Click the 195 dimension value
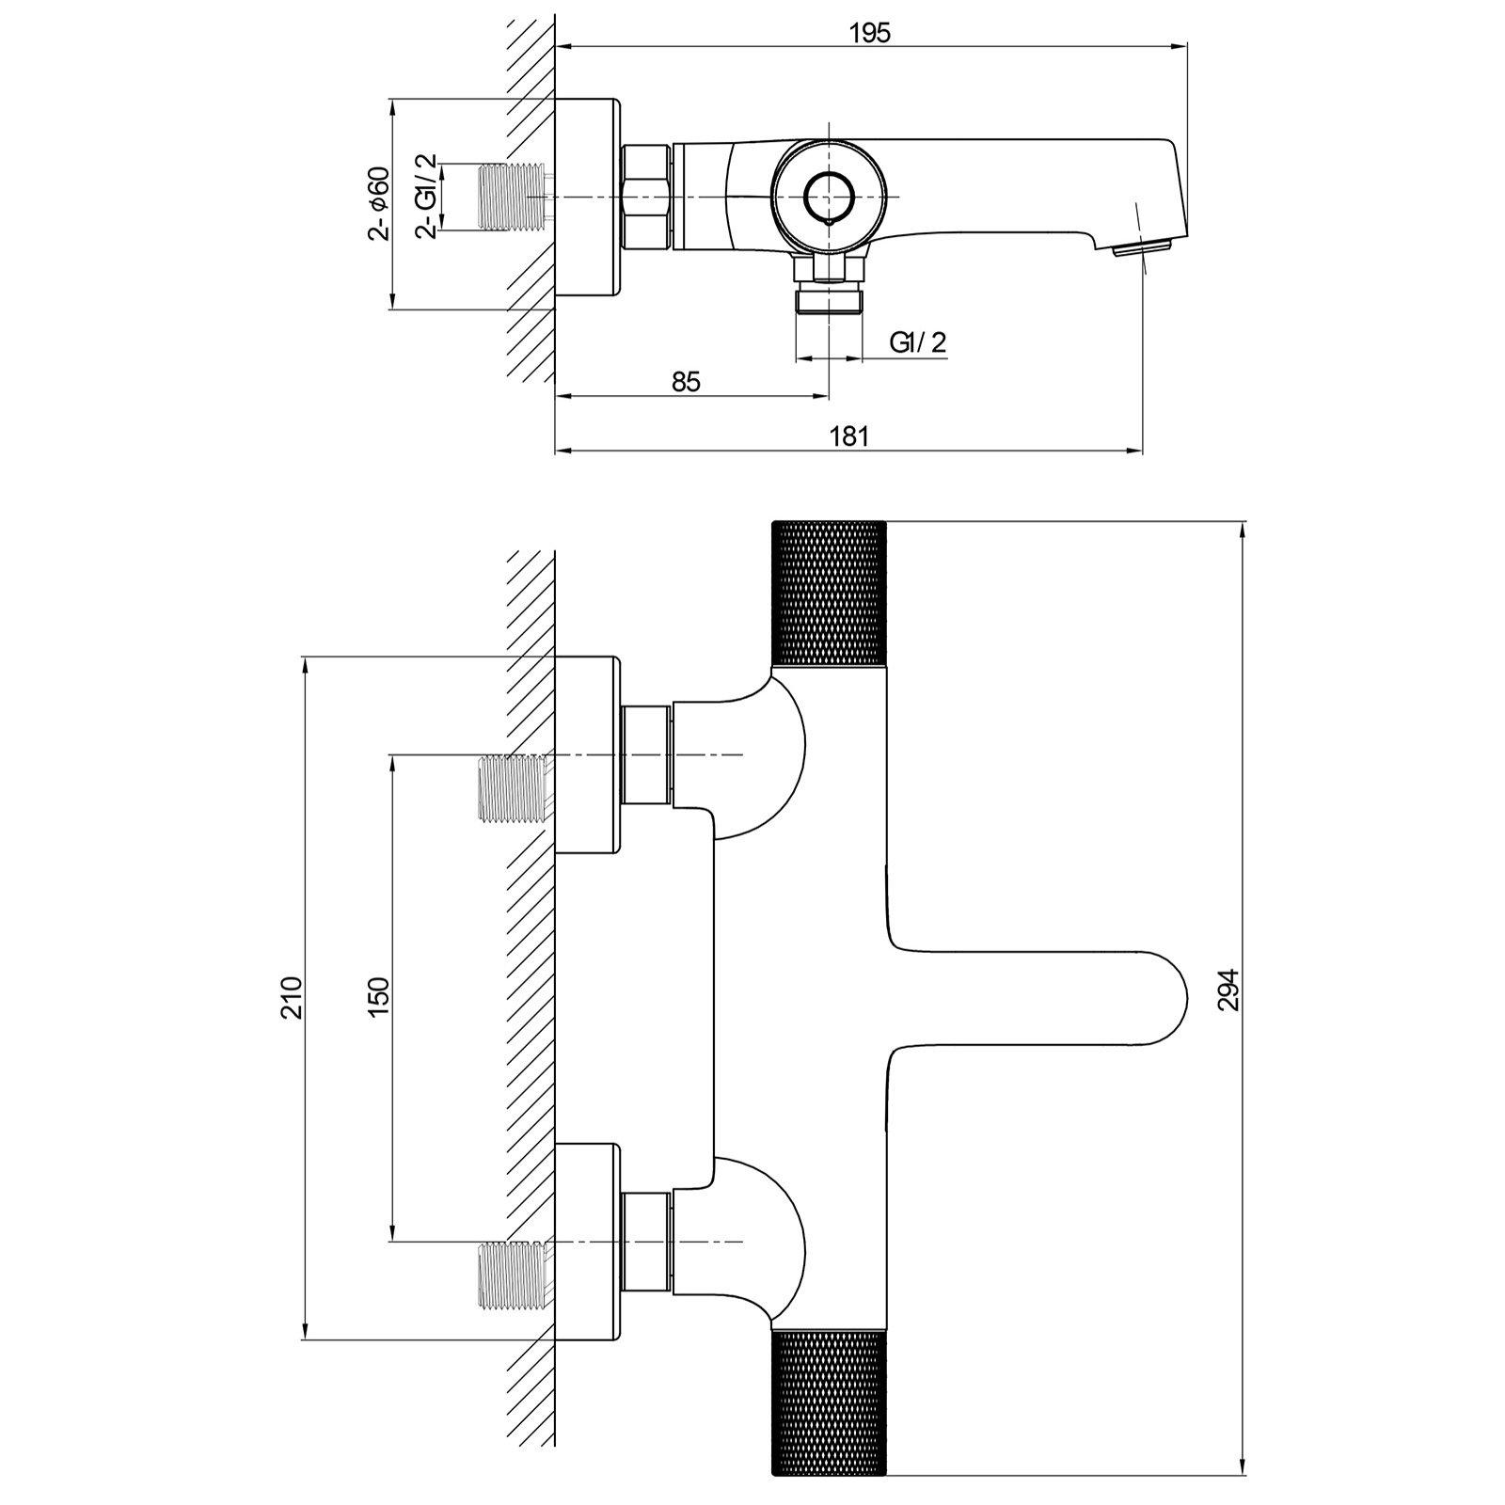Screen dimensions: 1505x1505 [869, 33]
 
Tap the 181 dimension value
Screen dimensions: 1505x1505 [848, 436]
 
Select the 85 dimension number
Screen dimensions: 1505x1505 [687, 382]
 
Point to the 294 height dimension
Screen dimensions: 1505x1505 [1228, 990]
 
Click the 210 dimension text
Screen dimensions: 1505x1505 [292, 997]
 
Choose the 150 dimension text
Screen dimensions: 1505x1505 [378, 997]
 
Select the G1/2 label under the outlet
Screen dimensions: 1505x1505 [918, 342]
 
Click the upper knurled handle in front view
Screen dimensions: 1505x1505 [829, 593]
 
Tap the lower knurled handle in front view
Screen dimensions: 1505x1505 [829, 1402]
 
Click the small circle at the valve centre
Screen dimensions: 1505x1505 [829, 197]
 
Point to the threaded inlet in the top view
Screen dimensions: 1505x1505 [514, 197]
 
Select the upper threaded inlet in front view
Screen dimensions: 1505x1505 [514, 788]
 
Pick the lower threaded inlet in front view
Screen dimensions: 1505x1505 [514, 1275]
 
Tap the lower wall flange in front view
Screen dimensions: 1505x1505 [588, 1242]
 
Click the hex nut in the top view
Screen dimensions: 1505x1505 [646, 197]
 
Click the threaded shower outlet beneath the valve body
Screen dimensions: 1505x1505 [829, 301]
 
